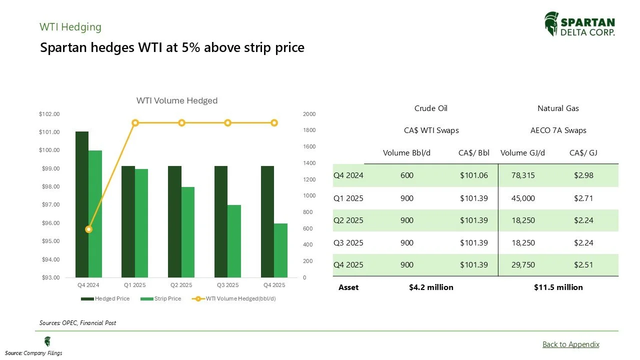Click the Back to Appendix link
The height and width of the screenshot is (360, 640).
tap(570, 344)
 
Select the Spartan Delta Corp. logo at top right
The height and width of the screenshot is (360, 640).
tap(579, 24)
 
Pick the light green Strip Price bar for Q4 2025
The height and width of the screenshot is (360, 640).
tap(280, 250)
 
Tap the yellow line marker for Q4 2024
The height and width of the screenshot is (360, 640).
tap(88, 229)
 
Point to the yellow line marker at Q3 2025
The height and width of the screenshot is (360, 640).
tap(227, 123)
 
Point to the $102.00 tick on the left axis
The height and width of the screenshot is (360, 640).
tap(49, 114)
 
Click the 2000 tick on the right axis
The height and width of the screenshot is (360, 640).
tap(309, 114)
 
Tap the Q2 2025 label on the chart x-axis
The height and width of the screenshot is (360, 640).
tap(181, 285)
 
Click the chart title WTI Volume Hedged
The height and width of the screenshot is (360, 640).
tap(177, 100)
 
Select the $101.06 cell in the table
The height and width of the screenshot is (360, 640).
tap(473, 175)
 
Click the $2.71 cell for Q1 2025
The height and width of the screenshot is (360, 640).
tap(583, 198)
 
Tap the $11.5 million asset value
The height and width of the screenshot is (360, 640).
tap(558, 287)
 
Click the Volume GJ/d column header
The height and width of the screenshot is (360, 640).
tap(523, 152)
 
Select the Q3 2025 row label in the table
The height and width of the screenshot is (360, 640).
tap(348, 242)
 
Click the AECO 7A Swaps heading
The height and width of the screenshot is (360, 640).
tap(558, 130)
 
